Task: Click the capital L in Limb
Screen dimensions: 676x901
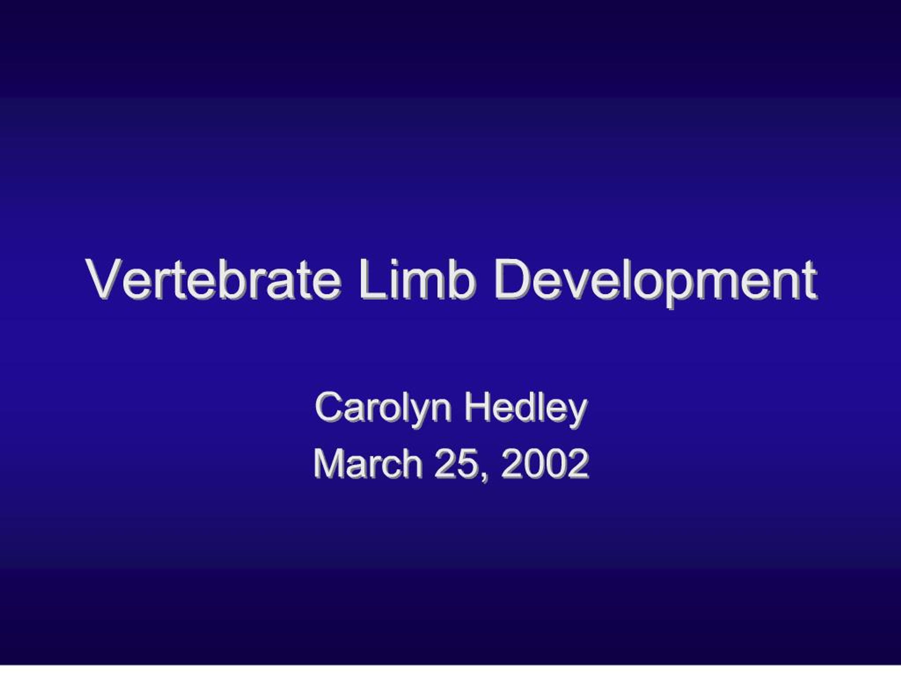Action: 370,280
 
